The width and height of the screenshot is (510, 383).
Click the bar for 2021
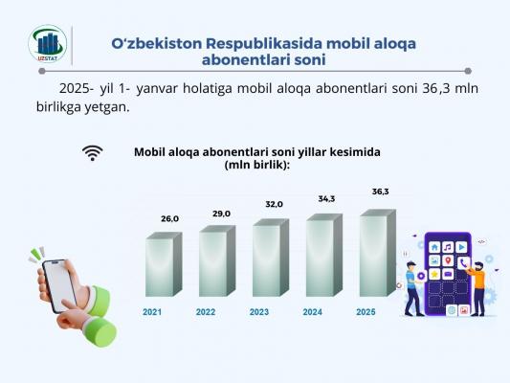(164, 264)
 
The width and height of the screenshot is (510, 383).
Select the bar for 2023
(271, 258)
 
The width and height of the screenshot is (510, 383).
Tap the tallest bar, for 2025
(378, 253)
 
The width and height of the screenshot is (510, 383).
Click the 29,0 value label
(221, 214)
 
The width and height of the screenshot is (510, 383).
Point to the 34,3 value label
(326, 199)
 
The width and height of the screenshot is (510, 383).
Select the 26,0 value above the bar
(169, 219)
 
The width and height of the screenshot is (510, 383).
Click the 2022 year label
(206, 312)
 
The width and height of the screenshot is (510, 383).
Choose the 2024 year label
(313, 312)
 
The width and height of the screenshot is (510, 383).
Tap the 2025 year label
(366, 312)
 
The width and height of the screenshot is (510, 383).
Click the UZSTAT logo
(48, 44)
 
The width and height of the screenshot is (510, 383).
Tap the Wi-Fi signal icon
(93, 153)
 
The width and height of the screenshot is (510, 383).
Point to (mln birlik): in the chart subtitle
(257, 165)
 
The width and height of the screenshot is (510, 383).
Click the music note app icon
(448, 247)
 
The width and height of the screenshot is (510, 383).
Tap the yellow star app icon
(434, 274)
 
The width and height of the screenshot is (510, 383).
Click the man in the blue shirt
(412, 288)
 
